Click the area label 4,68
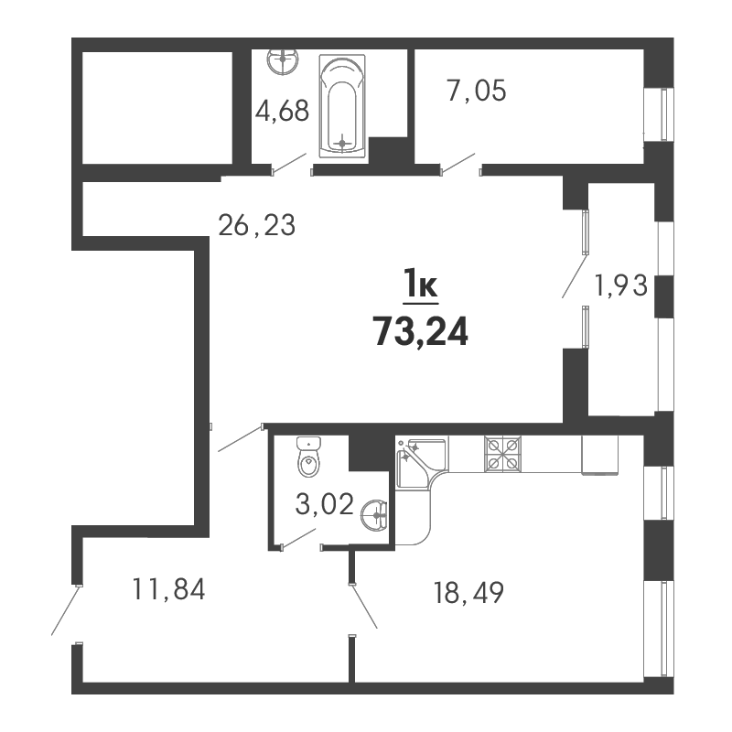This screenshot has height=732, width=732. pyautogui.click(x=282, y=112)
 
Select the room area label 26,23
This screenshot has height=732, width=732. pyautogui.click(x=257, y=224)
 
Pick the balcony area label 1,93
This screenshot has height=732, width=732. pyautogui.click(x=621, y=287)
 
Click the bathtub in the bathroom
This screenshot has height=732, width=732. pyautogui.click(x=342, y=108)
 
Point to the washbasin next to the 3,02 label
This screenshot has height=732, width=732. pyautogui.click(x=375, y=515)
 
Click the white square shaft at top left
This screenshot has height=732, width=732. pyautogui.click(x=155, y=107)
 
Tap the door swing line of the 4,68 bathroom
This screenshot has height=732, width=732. pyautogui.click(x=289, y=164)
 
